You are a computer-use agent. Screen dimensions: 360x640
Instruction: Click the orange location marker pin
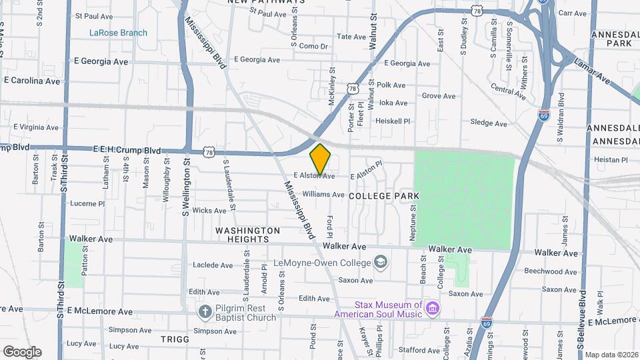[x=321, y=159]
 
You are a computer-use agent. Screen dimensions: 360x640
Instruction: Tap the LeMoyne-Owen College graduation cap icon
[x=381, y=261]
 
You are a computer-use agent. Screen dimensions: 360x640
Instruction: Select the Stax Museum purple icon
[x=433, y=309]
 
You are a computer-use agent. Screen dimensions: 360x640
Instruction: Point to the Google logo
[x=22, y=352]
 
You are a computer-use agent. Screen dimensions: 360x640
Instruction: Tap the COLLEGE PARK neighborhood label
[x=383, y=195]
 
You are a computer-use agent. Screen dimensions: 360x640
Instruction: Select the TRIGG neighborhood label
[x=175, y=339]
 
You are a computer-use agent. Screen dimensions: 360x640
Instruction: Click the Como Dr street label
[x=314, y=46]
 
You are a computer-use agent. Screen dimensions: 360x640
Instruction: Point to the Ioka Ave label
[x=393, y=103]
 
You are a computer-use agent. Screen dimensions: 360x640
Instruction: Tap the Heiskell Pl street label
[x=392, y=121]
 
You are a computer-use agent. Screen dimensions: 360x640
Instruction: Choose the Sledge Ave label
[x=489, y=123]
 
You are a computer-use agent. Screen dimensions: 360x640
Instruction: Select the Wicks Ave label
[x=209, y=211]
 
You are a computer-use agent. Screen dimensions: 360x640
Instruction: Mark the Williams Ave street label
[x=323, y=195]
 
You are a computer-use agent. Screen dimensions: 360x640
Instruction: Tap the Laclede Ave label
[x=212, y=265]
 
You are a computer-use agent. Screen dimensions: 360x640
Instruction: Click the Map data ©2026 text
[x=611, y=355]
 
